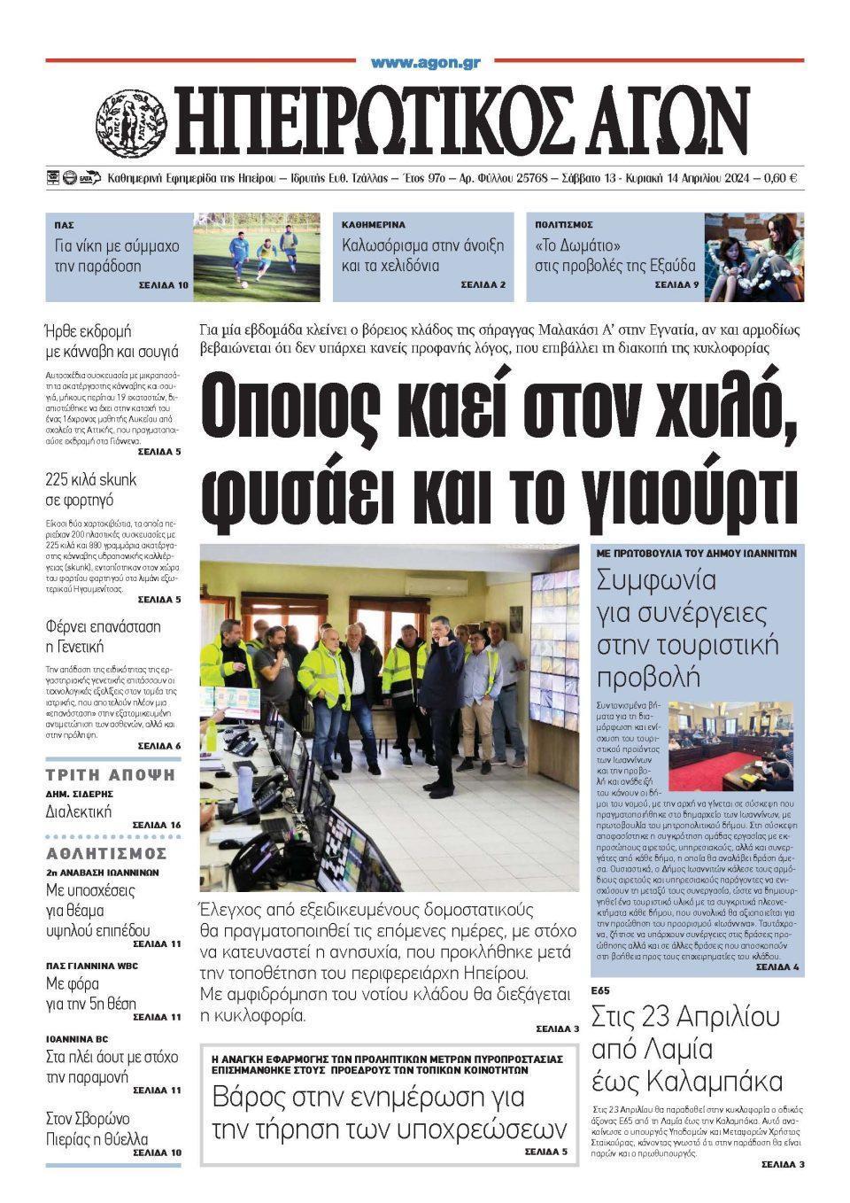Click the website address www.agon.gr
tap(425, 63)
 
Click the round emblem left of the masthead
tap(131, 119)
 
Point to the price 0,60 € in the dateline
tap(780, 178)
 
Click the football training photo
tap(256, 257)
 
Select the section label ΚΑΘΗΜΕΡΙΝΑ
tap(374, 225)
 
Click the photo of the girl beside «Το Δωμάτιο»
tap(753, 257)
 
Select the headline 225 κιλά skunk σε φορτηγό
tap(91, 490)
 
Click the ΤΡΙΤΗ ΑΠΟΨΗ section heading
tap(112, 774)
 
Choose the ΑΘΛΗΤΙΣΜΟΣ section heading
tap(106, 853)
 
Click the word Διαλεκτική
tap(79, 811)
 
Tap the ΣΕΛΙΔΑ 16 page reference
tap(157, 825)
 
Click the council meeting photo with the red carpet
tap(730, 746)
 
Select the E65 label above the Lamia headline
tap(600, 990)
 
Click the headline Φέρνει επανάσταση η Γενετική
tap(103, 636)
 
